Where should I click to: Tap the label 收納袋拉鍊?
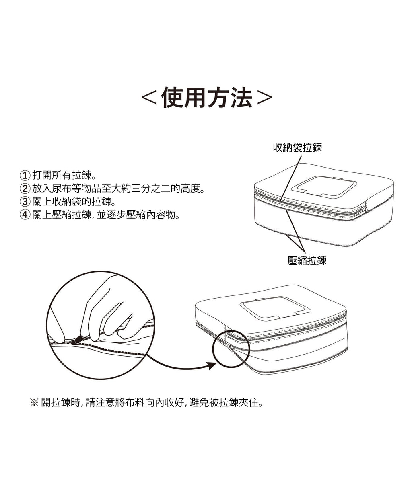(x=297, y=148)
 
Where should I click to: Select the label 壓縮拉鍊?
(x=307, y=261)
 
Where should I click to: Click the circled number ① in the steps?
(x=25, y=176)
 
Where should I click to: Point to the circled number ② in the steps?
(x=25, y=189)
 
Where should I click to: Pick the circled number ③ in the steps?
(x=25, y=202)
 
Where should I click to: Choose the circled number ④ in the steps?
(x=25, y=215)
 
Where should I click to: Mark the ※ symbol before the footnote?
(x=34, y=402)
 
